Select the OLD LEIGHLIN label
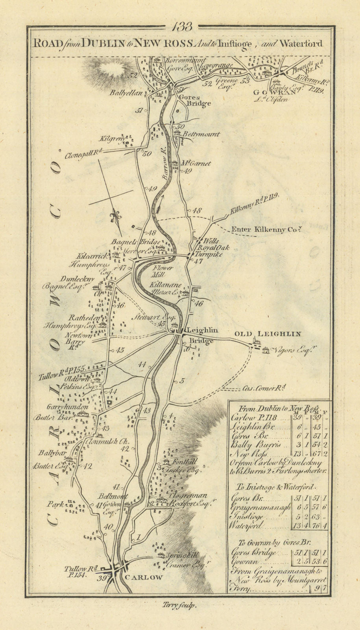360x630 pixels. click(268, 334)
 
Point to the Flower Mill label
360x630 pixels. click(161, 271)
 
